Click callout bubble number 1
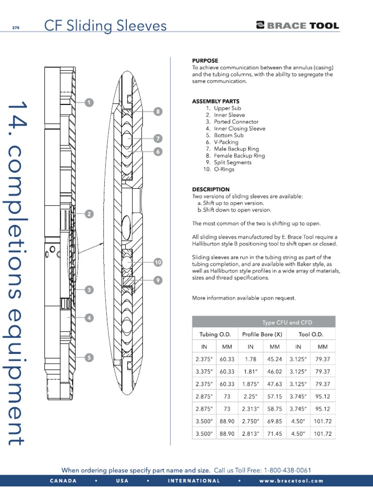pyautogui.click(x=89, y=102)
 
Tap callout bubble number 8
pyautogui.click(x=157, y=112)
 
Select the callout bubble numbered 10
pyautogui.click(x=157, y=263)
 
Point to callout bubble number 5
pyautogui.click(x=89, y=358)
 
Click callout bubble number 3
pyautogui.click(x=89, y=290)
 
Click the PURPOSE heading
pyautogui.click(x=205, y=61)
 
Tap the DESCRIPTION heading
pyautogui.click(x=211, y=189)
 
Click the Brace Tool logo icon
pyautogui.click(x=260, y=26)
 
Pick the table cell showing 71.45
pyautogui.click(x=275, y=434)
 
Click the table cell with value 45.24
pyautogui.click(x=275, y=359)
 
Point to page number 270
pyautogui.click(x=16, y=28)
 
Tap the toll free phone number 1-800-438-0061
pyautogui.click(x=287, y=470)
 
